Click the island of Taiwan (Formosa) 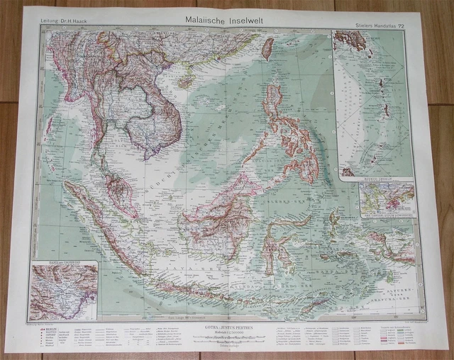point(267,48)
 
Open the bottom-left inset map point(63,291)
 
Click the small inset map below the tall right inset point(386,198)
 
